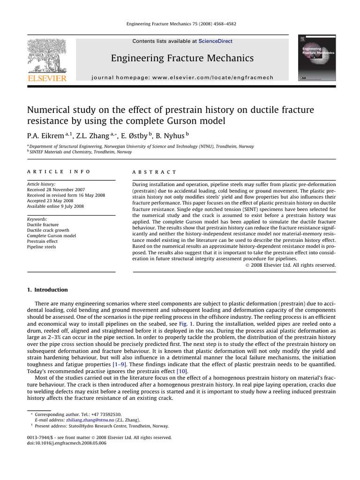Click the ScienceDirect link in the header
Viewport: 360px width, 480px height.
pyautogui.click(x=215, y=41)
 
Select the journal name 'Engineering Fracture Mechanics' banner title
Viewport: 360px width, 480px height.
pyautogui.click(x=182, y=59)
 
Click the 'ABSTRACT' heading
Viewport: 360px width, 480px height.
pyautogui.click(x=155, y=172)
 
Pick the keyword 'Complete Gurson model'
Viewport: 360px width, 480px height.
pyautogui.click(x=52, y=236)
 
